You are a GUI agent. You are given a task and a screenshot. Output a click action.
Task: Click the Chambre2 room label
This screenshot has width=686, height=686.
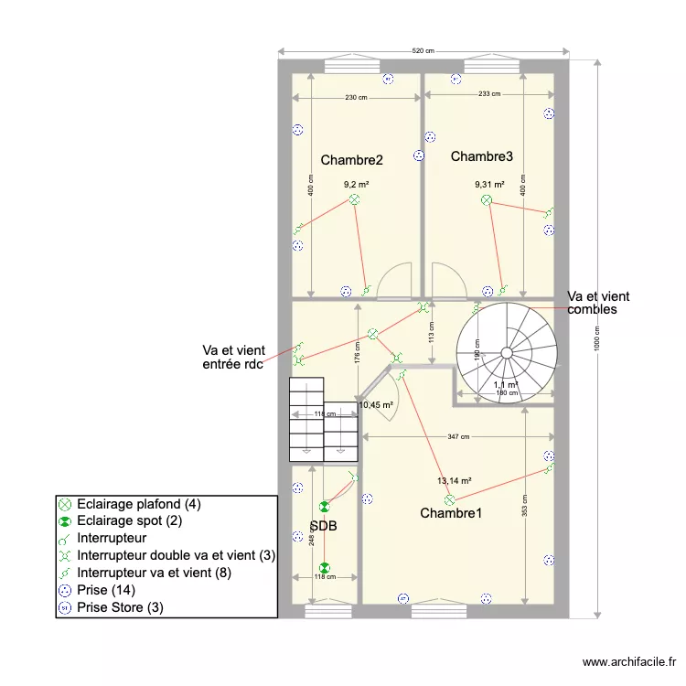[x=351, y=160]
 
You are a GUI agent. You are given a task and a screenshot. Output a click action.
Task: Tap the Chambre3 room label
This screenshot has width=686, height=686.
[x=482, y=156]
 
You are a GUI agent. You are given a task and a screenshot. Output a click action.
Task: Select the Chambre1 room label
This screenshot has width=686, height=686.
[x=451, y=513]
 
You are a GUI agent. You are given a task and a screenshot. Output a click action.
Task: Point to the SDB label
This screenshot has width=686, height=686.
[x=323, y=527]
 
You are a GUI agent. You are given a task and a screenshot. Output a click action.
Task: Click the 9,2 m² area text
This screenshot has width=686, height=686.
[x=356, y=184]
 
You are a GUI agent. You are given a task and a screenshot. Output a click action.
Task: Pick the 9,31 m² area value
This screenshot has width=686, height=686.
[x=489, y=184]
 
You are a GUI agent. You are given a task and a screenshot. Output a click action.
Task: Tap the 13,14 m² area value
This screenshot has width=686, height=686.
[x=454, y=480]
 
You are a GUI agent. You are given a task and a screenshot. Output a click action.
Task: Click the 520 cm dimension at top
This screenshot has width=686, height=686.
[x=423, y=51]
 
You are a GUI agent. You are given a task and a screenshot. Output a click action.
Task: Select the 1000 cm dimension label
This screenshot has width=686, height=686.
[x=595, y=338]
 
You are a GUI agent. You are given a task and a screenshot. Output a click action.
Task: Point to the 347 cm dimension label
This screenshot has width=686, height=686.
[x=459, y=437]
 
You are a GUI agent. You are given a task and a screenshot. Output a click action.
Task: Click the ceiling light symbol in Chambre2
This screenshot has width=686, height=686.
[x=354, y=199]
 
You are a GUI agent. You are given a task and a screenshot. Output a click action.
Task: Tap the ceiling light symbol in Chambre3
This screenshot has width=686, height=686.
[x=487, y=199]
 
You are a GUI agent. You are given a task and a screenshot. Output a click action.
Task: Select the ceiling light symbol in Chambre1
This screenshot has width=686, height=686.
[x=449, y=499]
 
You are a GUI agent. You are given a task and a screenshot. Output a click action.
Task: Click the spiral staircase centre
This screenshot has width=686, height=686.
[x=507, y=351]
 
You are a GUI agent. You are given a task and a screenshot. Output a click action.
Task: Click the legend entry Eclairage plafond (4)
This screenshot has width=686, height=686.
[x=138, y=504]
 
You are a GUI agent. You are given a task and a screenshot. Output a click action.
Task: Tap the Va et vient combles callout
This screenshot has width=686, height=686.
[x=598, y=303]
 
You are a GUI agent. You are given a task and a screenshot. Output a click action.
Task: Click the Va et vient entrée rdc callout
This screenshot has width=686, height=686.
[x=232, y=358]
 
